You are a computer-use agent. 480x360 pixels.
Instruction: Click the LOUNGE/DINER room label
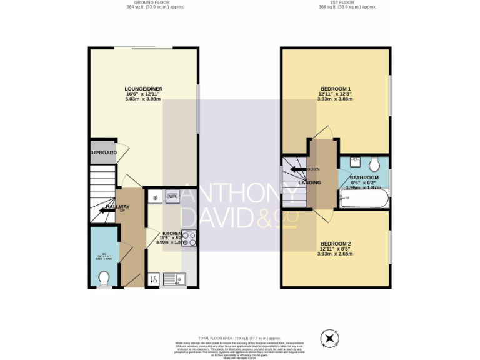143,89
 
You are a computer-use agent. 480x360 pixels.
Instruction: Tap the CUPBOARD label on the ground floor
102,152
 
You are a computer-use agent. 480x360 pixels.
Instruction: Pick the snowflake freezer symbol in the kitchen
154,197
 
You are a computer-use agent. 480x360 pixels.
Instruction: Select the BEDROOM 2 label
336,243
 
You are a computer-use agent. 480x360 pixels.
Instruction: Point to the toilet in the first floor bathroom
374,165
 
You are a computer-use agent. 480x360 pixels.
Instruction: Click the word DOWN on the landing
313,169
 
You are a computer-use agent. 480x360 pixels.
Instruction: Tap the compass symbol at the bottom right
329,339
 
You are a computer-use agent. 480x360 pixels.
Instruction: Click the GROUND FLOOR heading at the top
143,2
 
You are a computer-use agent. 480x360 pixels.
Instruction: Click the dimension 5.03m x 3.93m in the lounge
143,99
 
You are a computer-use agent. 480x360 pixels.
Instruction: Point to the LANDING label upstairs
311,182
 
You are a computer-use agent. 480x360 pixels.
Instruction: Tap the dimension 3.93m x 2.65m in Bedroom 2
336,254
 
